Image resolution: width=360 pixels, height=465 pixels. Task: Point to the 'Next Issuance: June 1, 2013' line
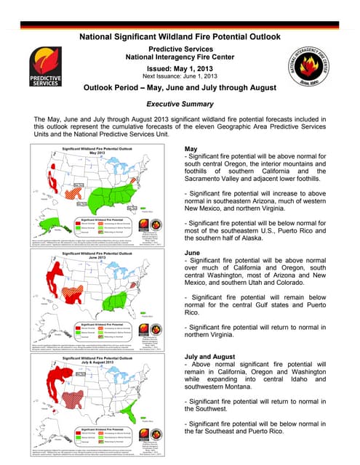pos(180,75)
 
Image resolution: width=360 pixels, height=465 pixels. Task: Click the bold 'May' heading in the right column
pos(192,148)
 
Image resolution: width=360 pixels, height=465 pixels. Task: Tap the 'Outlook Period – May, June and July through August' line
pos(180,88)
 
